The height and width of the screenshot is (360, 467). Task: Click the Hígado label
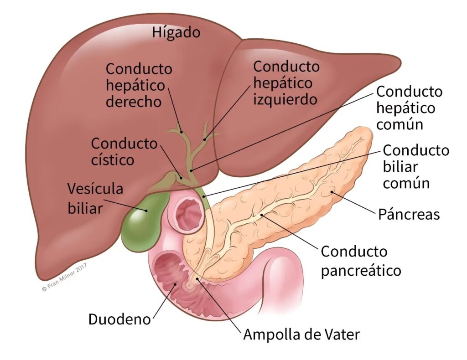point(176,33)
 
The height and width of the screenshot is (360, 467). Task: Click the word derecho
point(133,101)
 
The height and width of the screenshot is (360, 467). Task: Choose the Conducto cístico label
point(124,151)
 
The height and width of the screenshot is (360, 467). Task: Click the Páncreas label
point(409,214)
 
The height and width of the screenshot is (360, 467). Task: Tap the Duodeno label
point(119,319)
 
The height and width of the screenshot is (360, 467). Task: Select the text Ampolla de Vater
point(301,335)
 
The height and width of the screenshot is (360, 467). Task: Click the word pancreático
point(361,271)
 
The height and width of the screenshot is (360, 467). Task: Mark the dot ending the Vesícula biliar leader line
point(146,210)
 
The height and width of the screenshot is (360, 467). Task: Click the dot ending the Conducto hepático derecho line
point(181,132)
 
